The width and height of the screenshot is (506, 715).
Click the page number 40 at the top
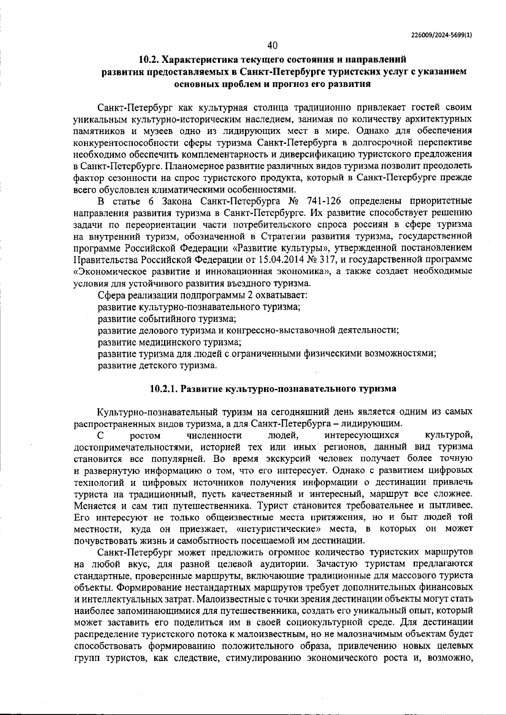click(x=272, y=45)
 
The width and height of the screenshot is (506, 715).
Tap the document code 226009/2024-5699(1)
click(x=441, y=36)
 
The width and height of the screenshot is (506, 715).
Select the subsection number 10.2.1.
click(x=165, y=389)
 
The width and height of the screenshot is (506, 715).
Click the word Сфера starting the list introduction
click(x=109, y=295)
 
